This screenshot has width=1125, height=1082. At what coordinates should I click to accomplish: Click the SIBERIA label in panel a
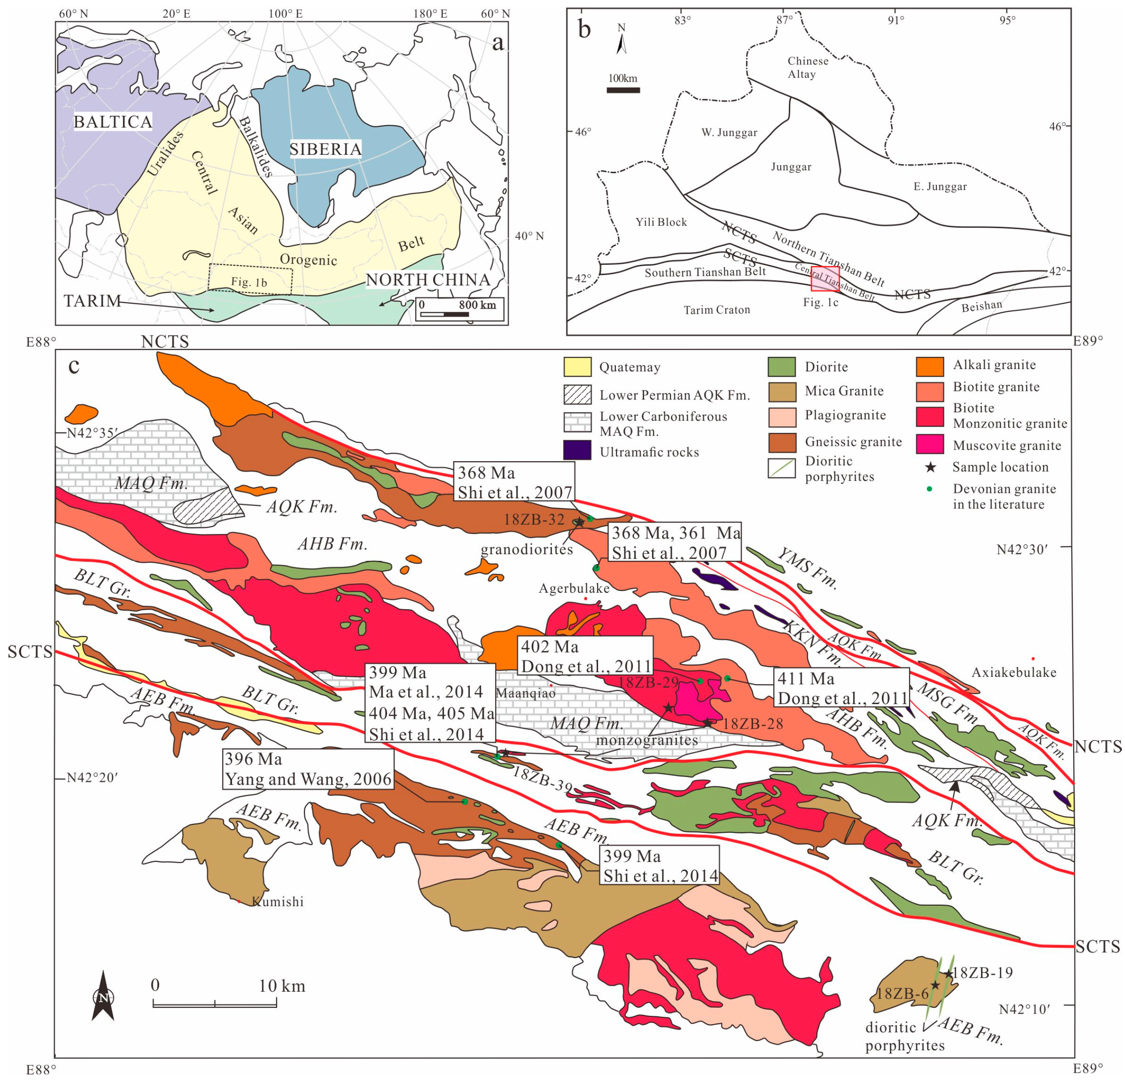(x=325, y=149)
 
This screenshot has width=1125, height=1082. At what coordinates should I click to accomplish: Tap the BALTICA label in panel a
(x=113, y=122)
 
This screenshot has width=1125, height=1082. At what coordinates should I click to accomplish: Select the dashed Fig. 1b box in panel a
(x=250, y=280)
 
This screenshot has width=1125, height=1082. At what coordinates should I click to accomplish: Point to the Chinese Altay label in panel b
(x=807, y=67)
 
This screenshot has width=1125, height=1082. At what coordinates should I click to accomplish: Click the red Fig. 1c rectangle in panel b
(x=825, y=279)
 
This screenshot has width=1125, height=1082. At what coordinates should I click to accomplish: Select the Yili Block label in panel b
(x=661, y=222)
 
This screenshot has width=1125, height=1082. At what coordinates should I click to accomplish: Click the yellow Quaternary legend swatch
(x=577, y=367)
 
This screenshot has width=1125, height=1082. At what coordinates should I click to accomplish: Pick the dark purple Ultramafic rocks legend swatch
(x=577, y=450)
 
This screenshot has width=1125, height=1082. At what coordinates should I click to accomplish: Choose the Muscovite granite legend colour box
(x=929, y=445)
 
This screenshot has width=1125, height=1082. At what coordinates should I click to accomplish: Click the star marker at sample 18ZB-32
(x=579, y=522)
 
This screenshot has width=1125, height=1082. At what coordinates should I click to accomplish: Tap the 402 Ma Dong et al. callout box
(x=585, y=656)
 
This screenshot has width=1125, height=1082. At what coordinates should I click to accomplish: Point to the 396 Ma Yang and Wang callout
(x=308, y=769)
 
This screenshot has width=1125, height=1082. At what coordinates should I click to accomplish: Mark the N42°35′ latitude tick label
(x=92, y=433)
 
